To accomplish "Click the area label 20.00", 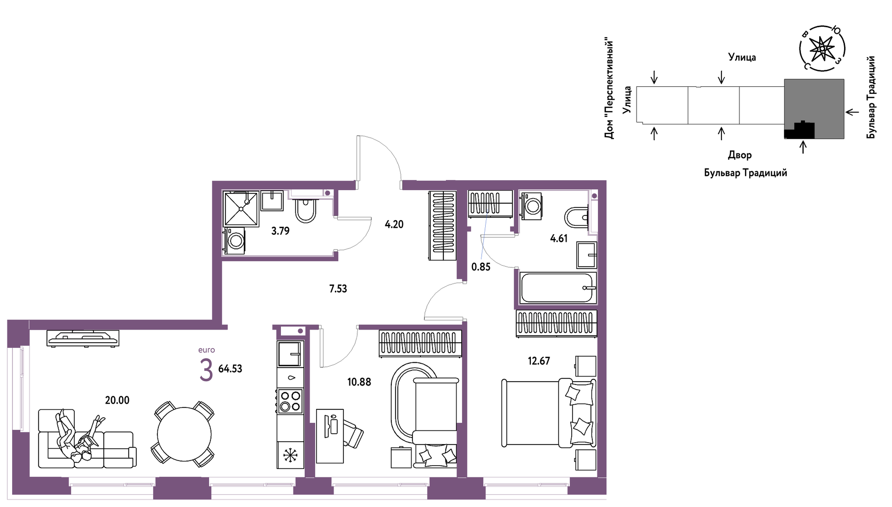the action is click(117, 400).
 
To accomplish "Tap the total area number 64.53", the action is click(230, 369).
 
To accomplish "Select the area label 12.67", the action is click(539, 361).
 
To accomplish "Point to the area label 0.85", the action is click(481, 267).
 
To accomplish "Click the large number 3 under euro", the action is click(206, 370).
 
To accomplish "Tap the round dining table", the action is click(184, 434).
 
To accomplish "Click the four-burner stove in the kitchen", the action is click(290, 401).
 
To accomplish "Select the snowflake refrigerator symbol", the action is click(290, 455).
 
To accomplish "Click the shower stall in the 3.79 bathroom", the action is click(241, 208).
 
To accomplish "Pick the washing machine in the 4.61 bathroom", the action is click(532, 205).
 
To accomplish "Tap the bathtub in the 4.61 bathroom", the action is click(558, 287).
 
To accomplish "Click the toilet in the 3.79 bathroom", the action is click(305, 210).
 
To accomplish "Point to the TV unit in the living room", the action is click(83, 338).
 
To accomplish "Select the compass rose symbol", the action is click(822, 48).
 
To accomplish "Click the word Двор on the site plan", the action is click(740, 155).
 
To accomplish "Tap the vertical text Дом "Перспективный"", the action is click(609, 89).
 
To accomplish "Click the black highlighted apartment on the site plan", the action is click(799, 130).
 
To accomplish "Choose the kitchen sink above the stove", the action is click(290, 354).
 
